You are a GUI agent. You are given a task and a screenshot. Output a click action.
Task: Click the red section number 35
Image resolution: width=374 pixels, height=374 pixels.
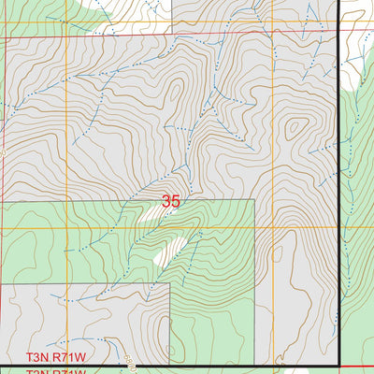tap(170, 201)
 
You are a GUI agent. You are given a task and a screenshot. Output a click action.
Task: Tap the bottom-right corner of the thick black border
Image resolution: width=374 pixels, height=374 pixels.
tap(337, 365)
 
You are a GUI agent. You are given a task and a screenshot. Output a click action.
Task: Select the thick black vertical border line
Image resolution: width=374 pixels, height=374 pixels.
tap(337, 187)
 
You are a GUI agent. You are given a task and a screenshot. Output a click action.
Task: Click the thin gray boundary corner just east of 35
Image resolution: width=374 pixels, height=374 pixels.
tap(254, 199)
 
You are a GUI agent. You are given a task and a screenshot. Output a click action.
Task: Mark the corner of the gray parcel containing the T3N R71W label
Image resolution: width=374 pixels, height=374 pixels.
tap(170, 284)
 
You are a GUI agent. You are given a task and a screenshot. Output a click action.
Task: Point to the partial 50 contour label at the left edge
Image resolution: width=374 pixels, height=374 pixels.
tap(3, 150)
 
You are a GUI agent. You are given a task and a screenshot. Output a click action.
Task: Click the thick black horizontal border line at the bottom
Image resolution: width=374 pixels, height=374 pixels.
tap(187, 365)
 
